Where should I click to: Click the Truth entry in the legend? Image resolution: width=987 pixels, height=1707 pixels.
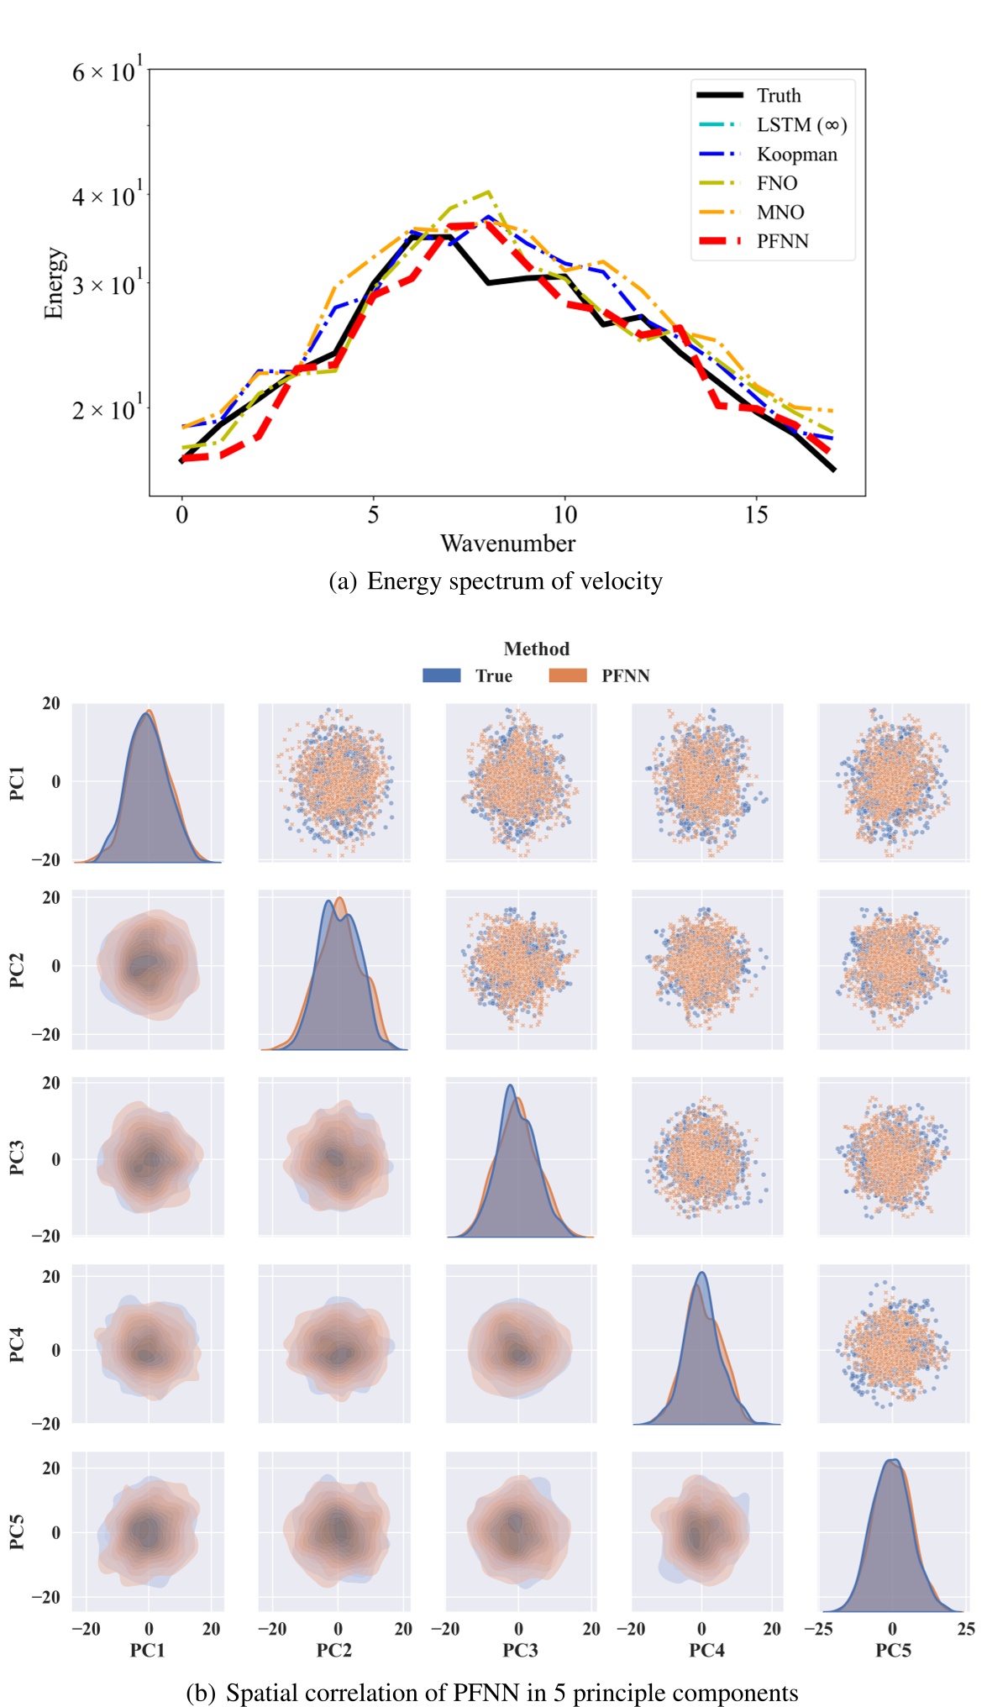778,96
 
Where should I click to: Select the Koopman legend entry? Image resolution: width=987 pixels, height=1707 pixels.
796,155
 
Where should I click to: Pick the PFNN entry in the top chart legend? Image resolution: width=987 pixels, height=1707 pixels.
782,242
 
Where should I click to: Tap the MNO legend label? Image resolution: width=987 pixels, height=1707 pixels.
780,213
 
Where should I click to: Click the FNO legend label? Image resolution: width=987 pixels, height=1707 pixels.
776,183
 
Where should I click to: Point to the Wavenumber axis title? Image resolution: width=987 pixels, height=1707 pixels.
507,544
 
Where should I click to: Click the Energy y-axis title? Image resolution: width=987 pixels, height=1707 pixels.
53,283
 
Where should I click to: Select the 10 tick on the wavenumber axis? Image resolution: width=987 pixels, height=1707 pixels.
564,515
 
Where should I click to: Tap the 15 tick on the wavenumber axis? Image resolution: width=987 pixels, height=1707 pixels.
756,515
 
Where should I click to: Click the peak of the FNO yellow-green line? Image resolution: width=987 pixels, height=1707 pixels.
488,192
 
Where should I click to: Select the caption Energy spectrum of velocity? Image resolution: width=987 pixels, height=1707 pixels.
514,581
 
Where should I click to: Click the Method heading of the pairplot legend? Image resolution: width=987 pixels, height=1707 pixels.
536,649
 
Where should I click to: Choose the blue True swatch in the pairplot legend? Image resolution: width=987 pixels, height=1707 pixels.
442,675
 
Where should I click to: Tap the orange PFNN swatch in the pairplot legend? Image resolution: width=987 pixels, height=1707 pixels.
568,675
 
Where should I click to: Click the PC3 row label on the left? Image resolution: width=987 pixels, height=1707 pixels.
17,1158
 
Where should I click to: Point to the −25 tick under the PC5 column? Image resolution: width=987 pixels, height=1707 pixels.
819,1630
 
